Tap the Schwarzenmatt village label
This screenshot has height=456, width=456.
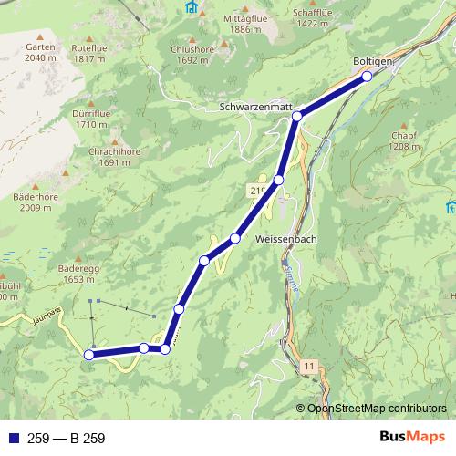(255, 107)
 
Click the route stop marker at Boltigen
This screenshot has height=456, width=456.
(368, 77)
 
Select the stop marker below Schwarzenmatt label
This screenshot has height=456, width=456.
(297, 117)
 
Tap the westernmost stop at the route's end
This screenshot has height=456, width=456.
(89, 355)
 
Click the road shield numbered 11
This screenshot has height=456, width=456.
(310, 366)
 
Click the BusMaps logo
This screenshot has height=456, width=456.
(412, 438)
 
